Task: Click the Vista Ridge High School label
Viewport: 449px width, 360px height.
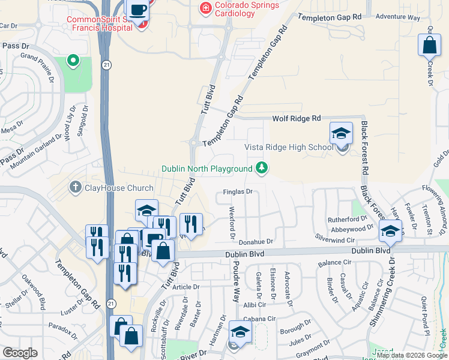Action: (288, 148)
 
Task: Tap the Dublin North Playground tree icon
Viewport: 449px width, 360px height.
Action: (262, 167)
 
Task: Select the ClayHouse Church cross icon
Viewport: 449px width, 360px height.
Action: (76, 187)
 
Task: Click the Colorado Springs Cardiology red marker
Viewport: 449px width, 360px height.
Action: (205, 8)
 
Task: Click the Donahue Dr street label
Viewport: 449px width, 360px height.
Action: (256, 242)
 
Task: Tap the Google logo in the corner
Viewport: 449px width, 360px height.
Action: (20, 353)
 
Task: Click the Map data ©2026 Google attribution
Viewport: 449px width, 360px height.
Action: (411, 355)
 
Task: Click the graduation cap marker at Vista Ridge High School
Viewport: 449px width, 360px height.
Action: (340, 133)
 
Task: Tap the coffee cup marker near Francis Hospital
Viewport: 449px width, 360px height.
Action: (138, 10)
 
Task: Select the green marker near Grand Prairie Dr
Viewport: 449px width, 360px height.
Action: (73, 60)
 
